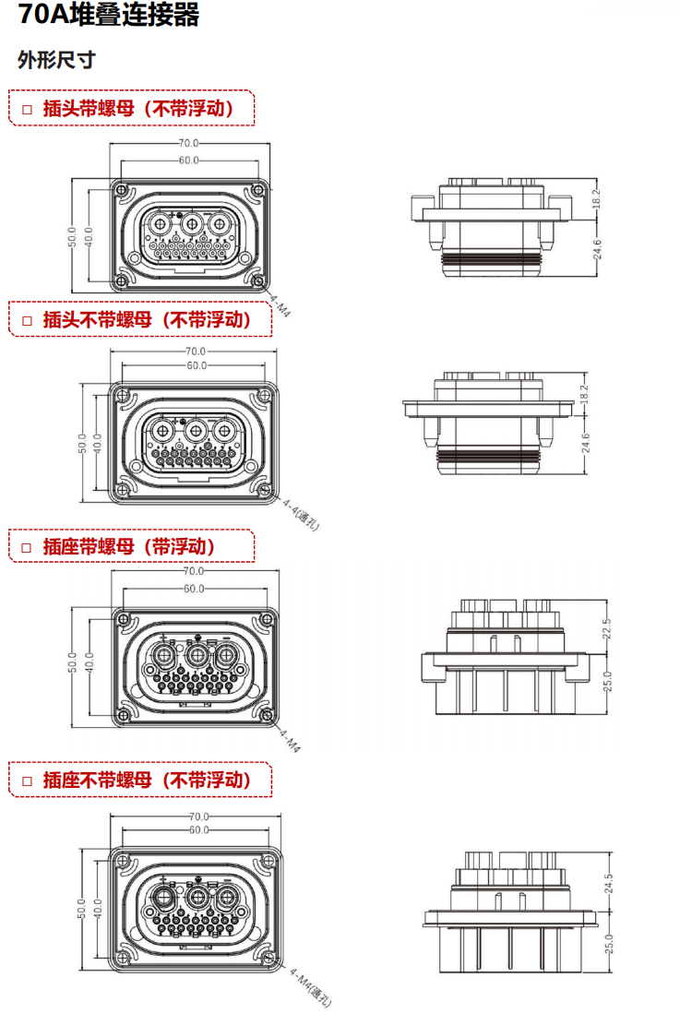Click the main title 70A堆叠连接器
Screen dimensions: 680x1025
coord(109,15)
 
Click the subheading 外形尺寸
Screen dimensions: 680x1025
coord(56,60)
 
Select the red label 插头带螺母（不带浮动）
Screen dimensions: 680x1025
coord(138,109)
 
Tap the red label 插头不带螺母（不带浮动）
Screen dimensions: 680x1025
coord(147,319)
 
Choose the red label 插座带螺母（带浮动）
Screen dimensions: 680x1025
coord(129,546)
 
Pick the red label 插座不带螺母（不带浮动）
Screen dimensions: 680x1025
coord(147,780)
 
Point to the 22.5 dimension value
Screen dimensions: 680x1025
coord(607,628)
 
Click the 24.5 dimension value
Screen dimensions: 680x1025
coord(609,884)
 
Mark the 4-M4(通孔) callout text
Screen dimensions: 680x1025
coord(311,988)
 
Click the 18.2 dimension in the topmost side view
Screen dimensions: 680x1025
coord(596,198)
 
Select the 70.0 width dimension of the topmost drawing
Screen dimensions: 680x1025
coord(188,143)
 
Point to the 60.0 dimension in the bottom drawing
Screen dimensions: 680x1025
coord(198,830)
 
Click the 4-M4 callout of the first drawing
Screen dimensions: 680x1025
coord(280,306)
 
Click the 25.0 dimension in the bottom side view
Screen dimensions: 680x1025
coord(609,944)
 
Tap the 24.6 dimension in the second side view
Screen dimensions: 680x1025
coord(586,443)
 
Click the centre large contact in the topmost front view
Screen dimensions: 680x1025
coord(191,224)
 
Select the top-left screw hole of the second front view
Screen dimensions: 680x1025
coord(123,396)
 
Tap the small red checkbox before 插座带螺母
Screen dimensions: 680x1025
coord(27,548)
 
